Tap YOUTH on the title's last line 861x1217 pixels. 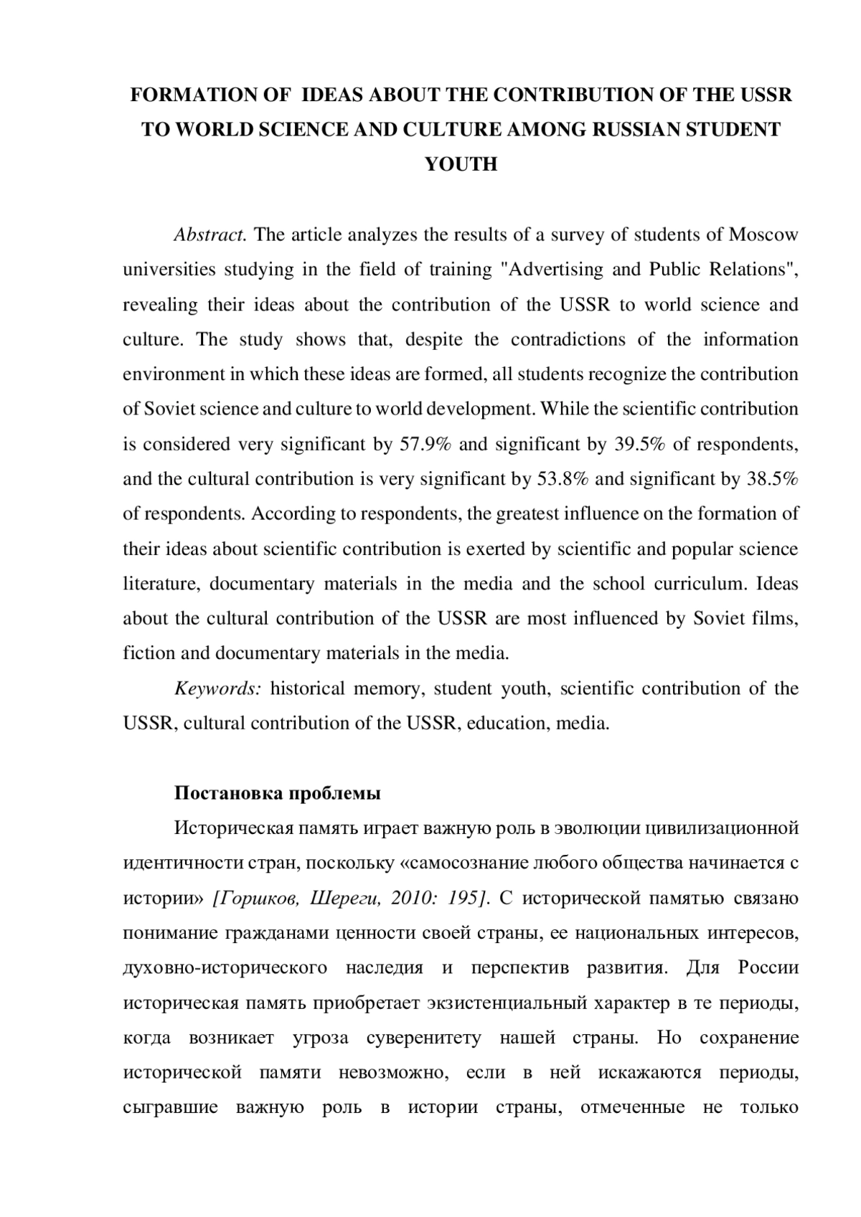[x=461, y=165]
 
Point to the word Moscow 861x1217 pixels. [x=763, y=235]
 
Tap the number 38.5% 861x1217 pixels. [x=772, y=479]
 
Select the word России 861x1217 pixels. [x=768, y=968]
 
